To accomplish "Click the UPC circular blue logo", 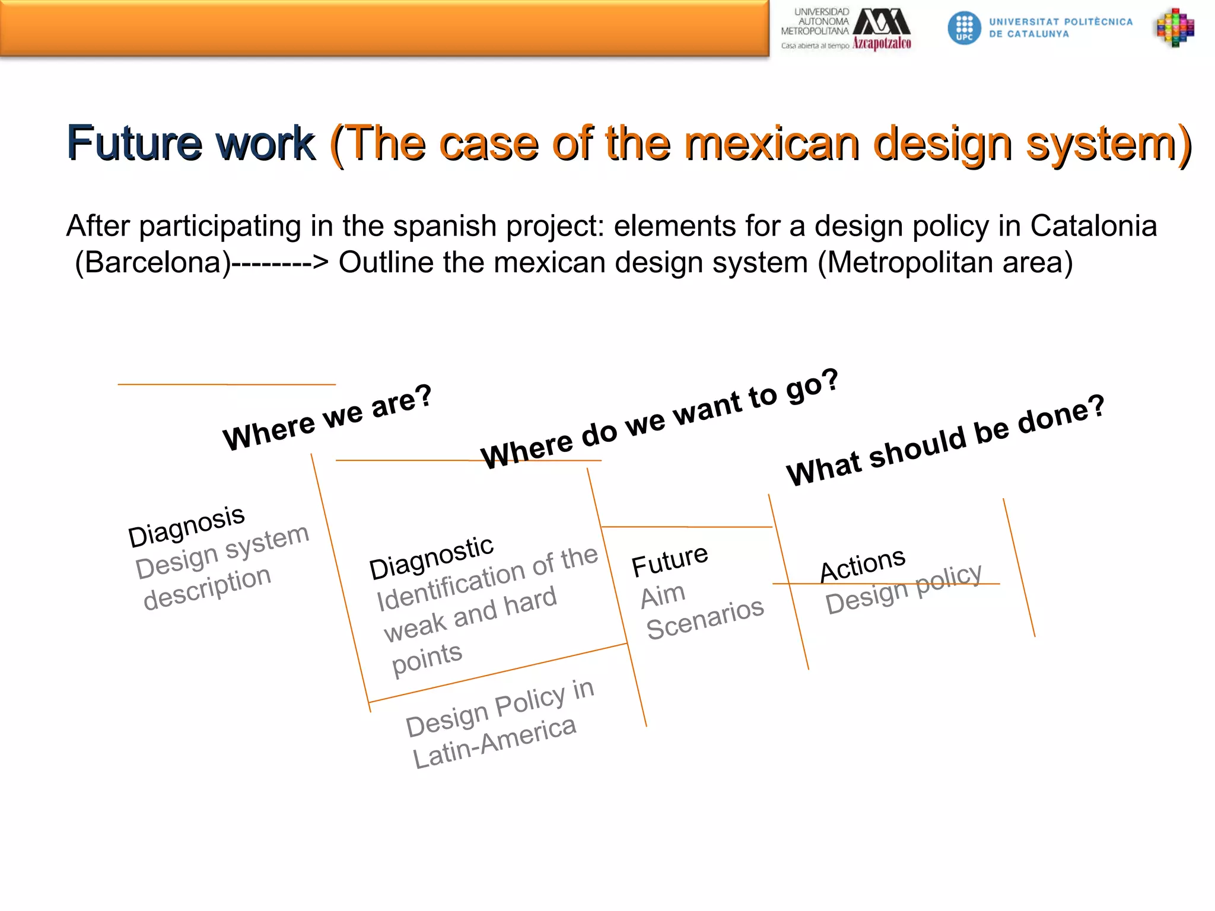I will click(964, 28).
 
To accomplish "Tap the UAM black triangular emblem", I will click(882, 22).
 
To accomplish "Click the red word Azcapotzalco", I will click(882, 43).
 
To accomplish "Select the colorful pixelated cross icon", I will click(1175, 27).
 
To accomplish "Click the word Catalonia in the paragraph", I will click(1093, 226).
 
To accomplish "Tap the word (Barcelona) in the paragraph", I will click(152, 262).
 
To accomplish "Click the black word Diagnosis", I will click(186, 525).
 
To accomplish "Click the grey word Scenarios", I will click(705, 619).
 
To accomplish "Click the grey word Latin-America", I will click(494, 742).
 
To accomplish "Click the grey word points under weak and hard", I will click(427, 658).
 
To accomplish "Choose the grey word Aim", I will click(663, 595).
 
